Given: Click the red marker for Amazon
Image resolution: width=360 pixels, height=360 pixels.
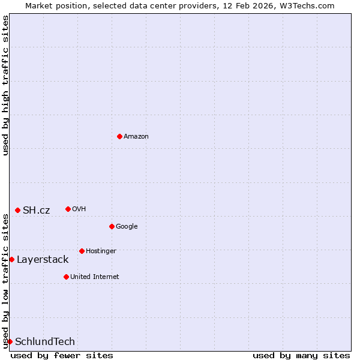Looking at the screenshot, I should click(x=119, y=137).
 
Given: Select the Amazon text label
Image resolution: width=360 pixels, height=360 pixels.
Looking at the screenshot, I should click(x=136, y=137).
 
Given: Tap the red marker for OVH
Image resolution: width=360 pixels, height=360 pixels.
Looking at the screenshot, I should click(x=68, y=209).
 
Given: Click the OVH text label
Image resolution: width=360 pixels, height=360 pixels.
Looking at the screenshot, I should click(x=79, y=209).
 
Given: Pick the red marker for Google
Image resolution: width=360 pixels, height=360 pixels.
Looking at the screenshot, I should click(x=112, y=226).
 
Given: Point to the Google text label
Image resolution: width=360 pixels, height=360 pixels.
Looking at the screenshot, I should click(x=127, y=226).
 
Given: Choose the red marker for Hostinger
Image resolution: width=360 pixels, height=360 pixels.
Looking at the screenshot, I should click(x=82, y=251).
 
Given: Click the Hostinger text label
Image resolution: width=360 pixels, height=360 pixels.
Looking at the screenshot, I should click(x=101, y=251).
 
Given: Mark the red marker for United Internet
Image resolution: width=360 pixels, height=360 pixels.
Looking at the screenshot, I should click(x=66, y=277).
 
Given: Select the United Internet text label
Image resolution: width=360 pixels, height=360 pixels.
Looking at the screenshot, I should click(x=94, y=277).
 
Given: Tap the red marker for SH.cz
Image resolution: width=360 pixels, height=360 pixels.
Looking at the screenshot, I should click(x=17, y=210).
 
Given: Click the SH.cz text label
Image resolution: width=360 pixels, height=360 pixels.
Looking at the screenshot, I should click(x=36, y=210).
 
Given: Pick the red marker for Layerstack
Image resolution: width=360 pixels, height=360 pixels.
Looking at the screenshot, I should click(x=11, y=259).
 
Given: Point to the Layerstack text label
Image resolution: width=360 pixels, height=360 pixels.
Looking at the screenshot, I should click(x=42, y=259).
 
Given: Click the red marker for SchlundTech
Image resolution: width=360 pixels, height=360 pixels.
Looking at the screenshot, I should click(x=10, y=341).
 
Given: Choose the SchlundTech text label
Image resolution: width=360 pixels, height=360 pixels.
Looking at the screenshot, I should click(x=45, y=341).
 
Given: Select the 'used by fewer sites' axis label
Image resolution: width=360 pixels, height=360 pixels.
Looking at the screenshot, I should click(x=62, y=355).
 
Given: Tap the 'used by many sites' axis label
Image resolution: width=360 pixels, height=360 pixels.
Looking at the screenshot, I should click(x=301, y=355).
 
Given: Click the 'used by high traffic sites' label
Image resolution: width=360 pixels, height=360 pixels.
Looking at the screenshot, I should click(x=5, y=85).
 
